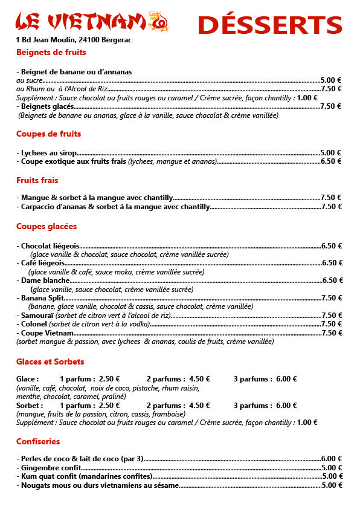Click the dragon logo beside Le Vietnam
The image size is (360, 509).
[x=159, y=21]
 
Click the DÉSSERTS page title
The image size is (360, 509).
[x=269, y=25]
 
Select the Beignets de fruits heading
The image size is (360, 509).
[x=51, y=53]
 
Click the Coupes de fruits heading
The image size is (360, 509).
[x=48, y=134]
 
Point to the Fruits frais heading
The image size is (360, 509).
[x=37, y=180]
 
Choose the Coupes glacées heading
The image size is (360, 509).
[x=47, y=226]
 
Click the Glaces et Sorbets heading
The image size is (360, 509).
[x=54, y=361]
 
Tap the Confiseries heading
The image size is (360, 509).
[x=38, y=441]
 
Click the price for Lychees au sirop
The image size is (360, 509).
[x=330, y=153]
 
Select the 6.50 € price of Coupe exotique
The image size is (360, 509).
[x=331, y=161]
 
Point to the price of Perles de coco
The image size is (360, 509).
[x=332, y=459]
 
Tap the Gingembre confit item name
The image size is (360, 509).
[x=50, y=468]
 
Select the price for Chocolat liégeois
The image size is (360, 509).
[x=332, y=246]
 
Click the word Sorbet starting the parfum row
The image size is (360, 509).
[x=29, y=406]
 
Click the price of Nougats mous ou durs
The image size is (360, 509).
[x=332, y=485]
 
